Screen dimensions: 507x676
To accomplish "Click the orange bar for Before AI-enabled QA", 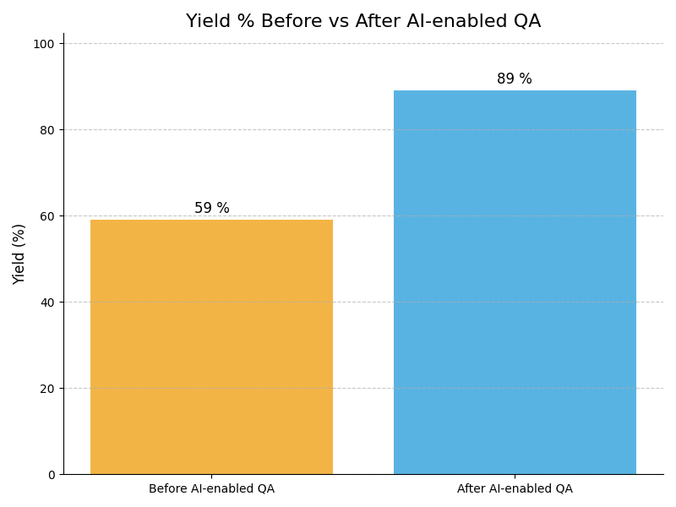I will coord(211,346).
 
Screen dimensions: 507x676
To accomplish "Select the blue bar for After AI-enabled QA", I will coord(515,282).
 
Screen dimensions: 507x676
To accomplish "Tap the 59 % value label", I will coord(211,209).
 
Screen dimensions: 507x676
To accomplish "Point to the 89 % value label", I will coord(515,79).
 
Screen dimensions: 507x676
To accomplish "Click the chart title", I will coord(363,21).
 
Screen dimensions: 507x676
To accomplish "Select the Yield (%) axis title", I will coord(19,253).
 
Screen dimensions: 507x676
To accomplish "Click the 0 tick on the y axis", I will coord(51,475).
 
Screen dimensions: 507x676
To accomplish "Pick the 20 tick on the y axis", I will coord(47,389).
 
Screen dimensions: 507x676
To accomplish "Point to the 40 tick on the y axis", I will coord(47,303).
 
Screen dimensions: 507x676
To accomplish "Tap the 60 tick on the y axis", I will coord(47,216).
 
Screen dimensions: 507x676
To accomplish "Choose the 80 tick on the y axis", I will coord(47,130).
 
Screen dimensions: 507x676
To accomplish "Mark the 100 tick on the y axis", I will coord(44,44).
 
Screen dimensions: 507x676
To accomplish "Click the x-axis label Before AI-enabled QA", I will coord(211,489).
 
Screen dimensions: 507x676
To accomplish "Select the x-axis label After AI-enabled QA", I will coord(515,489).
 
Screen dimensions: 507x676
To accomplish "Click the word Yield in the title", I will coord(206,21).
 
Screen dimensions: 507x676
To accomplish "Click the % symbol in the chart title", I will coord(241,21).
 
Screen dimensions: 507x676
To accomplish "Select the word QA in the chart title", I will coord(526,21).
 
